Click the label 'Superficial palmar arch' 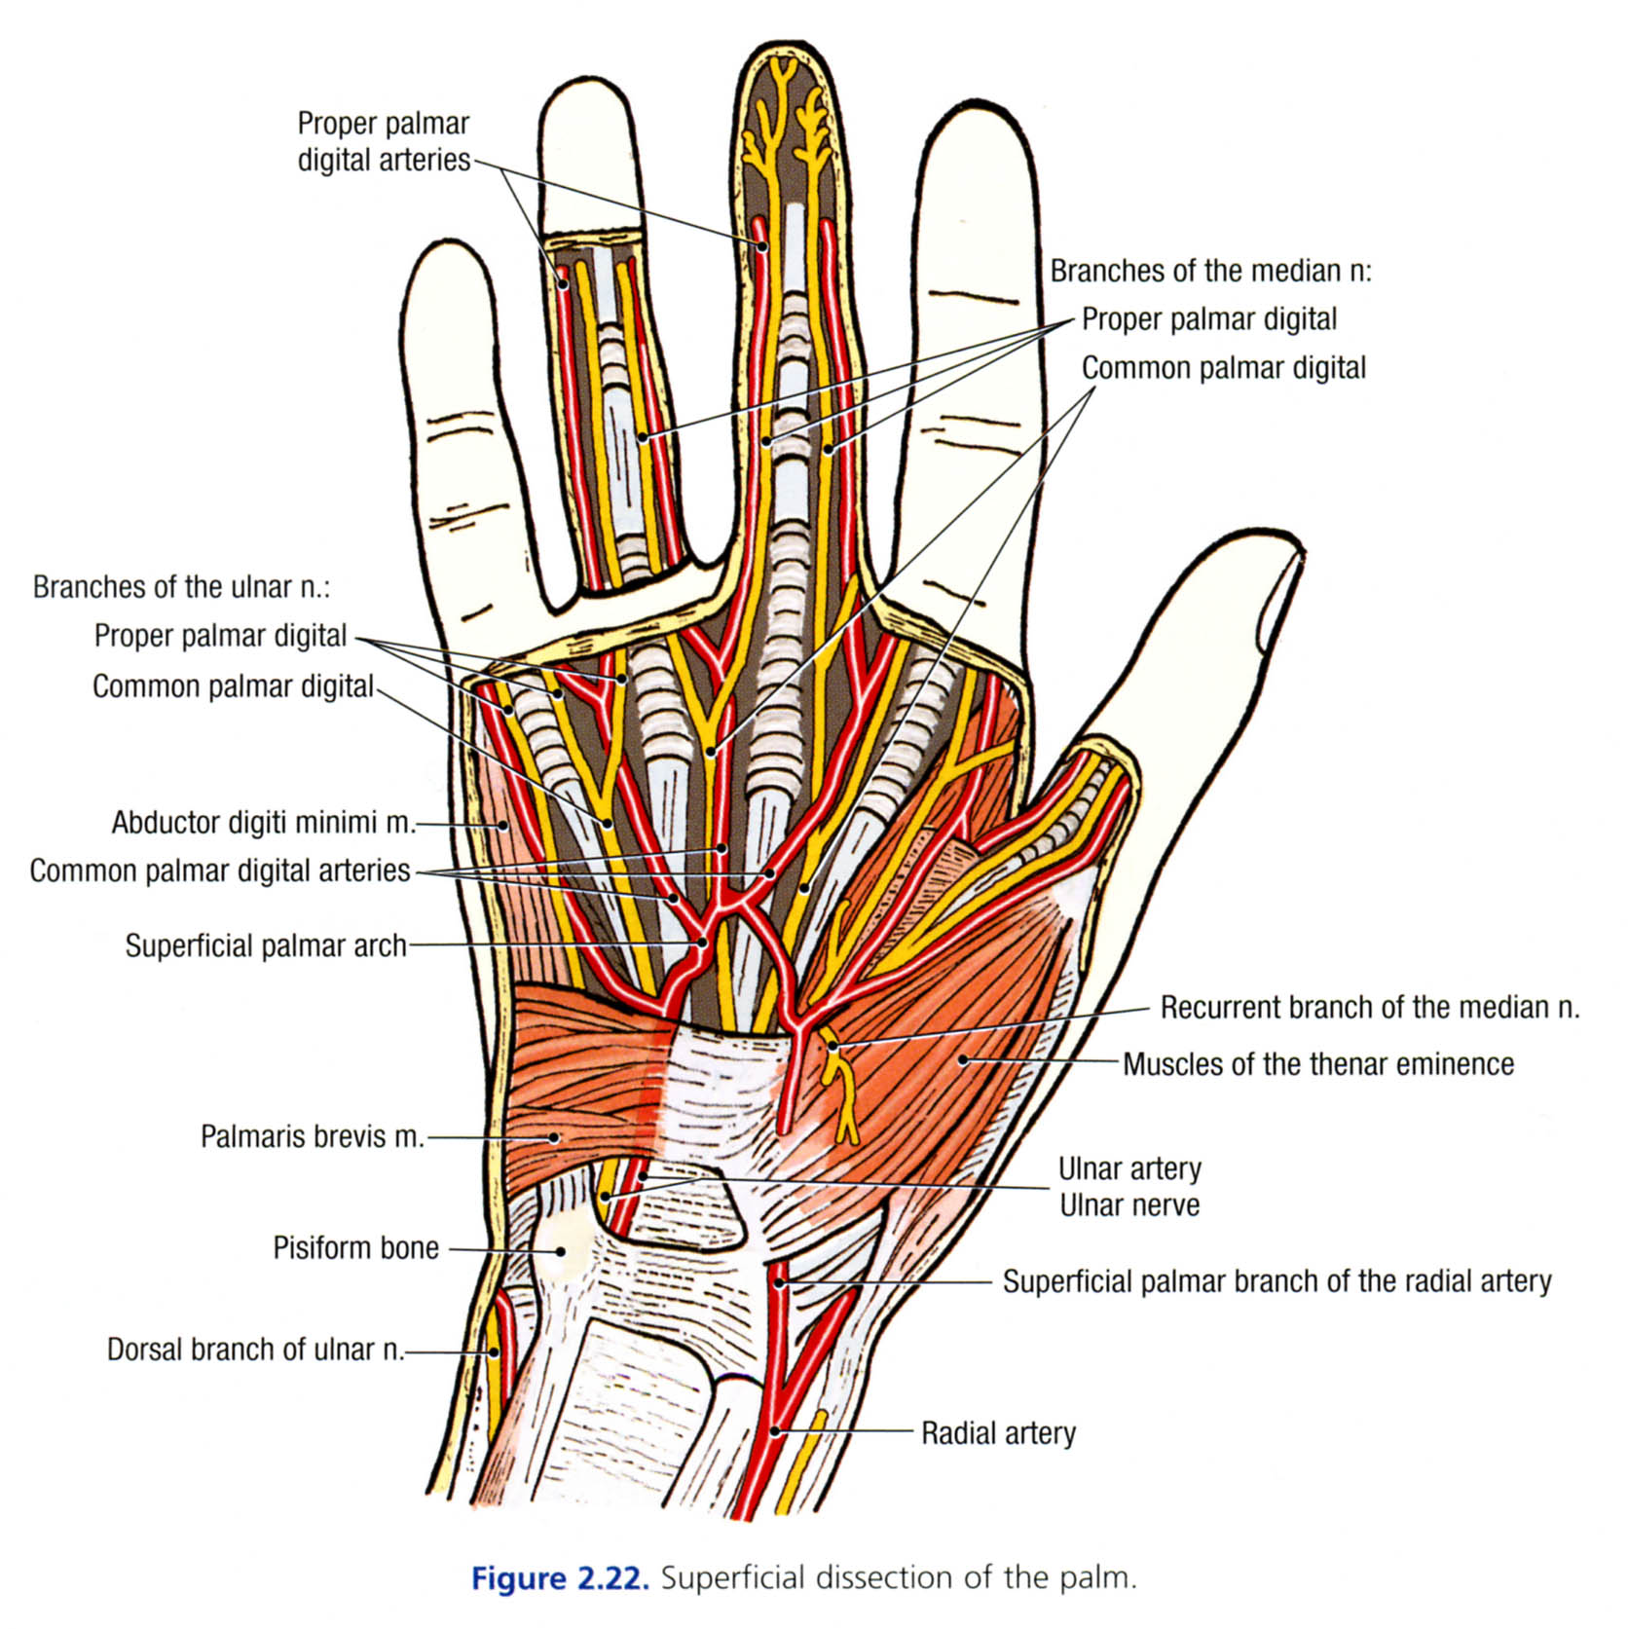[x=265, y=945]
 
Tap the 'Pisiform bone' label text [x=355, y=1248]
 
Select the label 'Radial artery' [x=998, y=1433]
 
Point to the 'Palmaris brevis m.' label [x=312, y=1136]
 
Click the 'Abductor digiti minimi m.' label [x=263, y=823]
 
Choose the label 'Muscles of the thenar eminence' [x=1317, y=1064]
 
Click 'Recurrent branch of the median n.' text [x=1369, y=1007]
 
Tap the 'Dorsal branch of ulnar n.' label [x=255, y=1350]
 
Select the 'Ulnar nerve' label [x=1129, y=1205]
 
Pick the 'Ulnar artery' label [x=1129, y=1168]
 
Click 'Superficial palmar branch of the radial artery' [x=1276, y=1281]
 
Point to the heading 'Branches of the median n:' [x=1210, y=271]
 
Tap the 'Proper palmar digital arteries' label [x=384, y=142]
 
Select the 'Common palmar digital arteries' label [x=220, y=870]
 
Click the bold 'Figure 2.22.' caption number [x=559, y=1578]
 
